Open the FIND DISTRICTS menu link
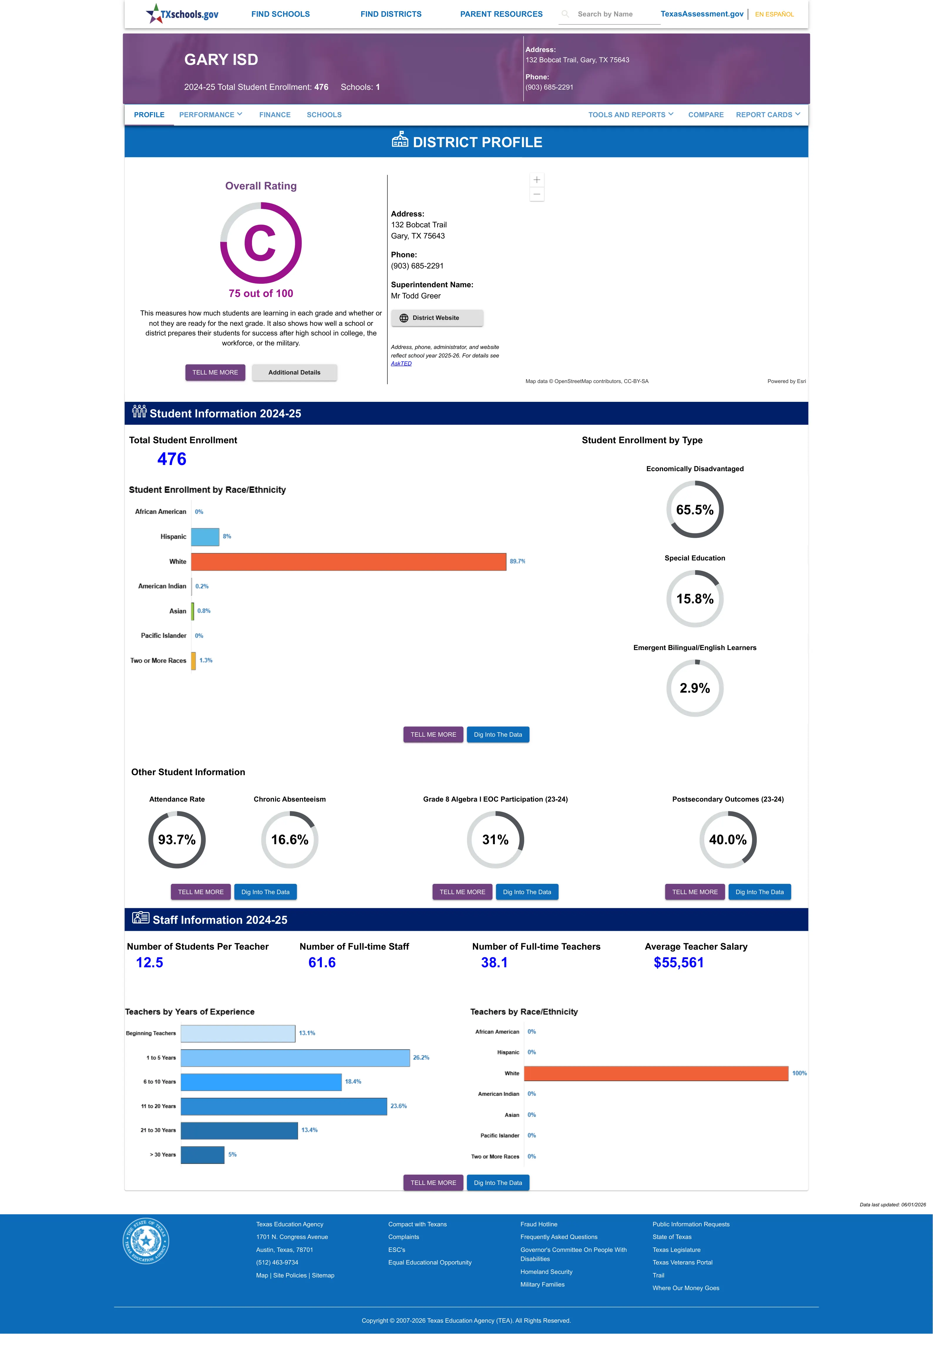tap(391, 14)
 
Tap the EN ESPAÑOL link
tap(774, 14)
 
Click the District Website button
tap(437, 318)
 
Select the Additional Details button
tap(294, 372)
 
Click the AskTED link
tap(401, 364)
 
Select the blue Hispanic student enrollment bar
tap(205, 537)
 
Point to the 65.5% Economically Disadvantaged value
tap(695, 510)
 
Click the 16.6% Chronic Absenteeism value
tap(289, 839)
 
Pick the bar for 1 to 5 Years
tap(295, 1057)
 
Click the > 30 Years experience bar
tap(202, 1154)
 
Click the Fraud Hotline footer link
tap(538, 1224)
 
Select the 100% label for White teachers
tap(799, 1073)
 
